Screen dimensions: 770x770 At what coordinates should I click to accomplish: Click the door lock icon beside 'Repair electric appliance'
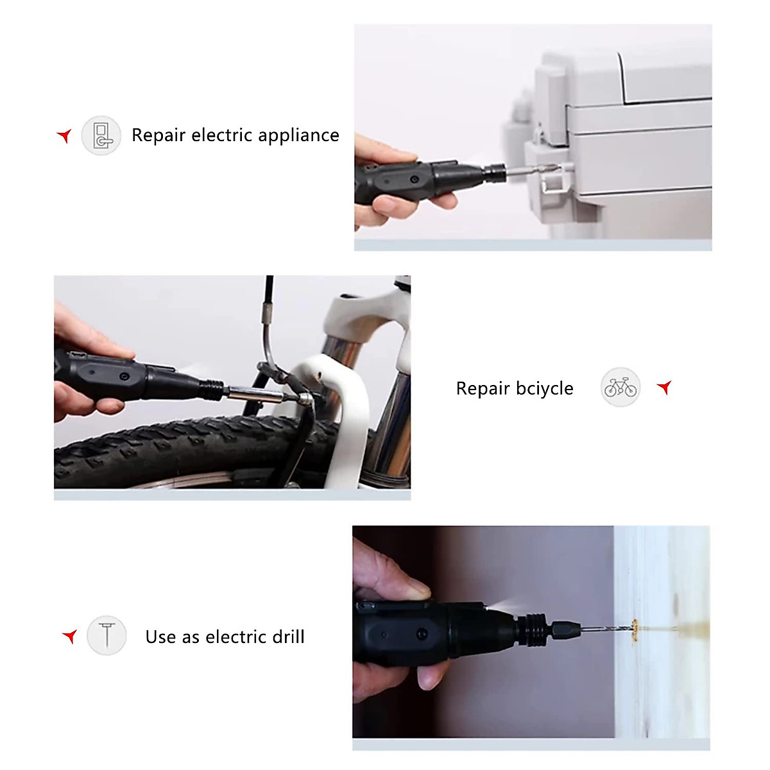pos(101,135)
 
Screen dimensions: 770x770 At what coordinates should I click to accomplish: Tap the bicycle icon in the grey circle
pos(620,388)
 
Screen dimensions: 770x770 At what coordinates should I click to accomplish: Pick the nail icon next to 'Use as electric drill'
pos(107,635)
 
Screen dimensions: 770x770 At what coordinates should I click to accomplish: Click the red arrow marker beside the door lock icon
pos(64,135)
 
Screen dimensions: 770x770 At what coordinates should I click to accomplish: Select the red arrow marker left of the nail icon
pos(70,636)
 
